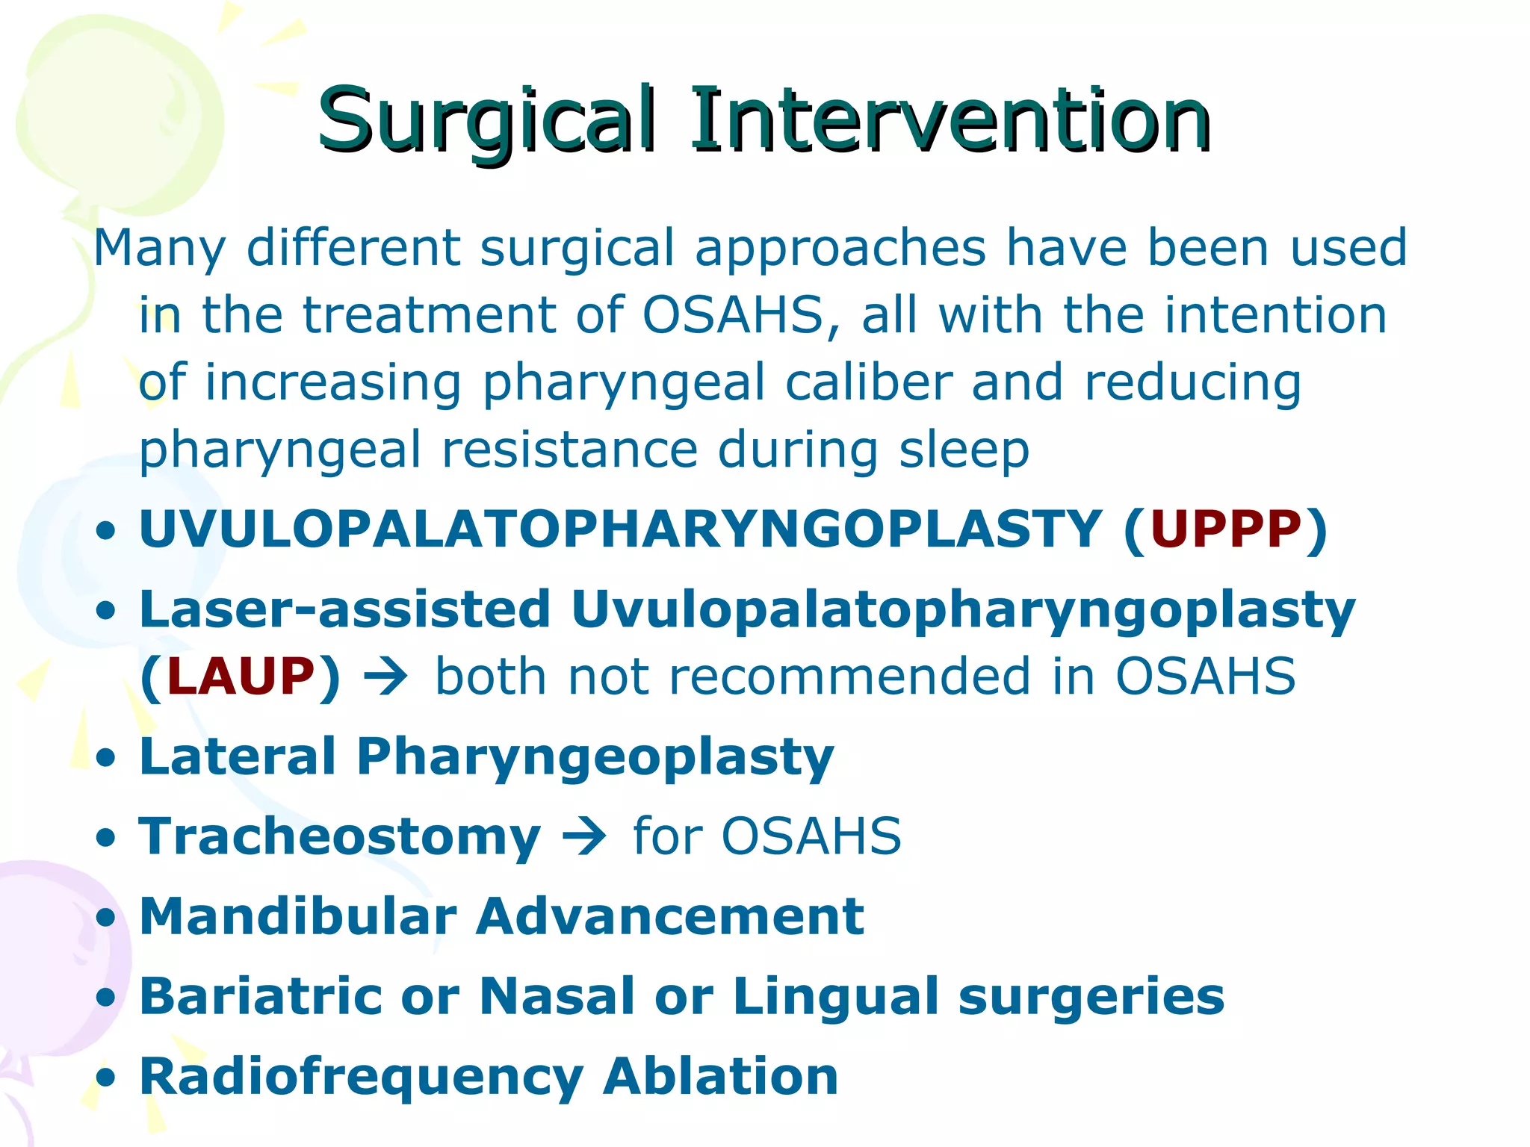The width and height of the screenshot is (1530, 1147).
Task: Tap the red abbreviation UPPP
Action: coord(1226,529)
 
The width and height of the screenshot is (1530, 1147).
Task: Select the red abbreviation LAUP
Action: coord(241,677)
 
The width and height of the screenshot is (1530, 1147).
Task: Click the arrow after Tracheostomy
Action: coord(585,836)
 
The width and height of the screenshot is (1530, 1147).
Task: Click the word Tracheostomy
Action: coord(340,836)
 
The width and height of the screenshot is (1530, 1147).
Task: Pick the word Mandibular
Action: coord(298,916)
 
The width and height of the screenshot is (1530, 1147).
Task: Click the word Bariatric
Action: coord(261,996)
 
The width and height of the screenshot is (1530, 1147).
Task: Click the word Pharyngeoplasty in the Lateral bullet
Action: coord(595,757)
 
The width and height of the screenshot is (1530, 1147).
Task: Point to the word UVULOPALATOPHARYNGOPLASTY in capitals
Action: coord(620,529)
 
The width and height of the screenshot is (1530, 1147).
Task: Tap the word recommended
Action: coord(849,677)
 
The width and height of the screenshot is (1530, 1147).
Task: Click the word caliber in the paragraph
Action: coord(868,382)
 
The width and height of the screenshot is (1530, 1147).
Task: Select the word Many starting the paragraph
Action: coord(159,249)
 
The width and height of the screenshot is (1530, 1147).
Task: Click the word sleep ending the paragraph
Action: coord(964,450)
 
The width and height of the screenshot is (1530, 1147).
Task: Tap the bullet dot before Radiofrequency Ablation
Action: coord(107,1078)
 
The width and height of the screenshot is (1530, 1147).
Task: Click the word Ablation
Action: coord(720,1077)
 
